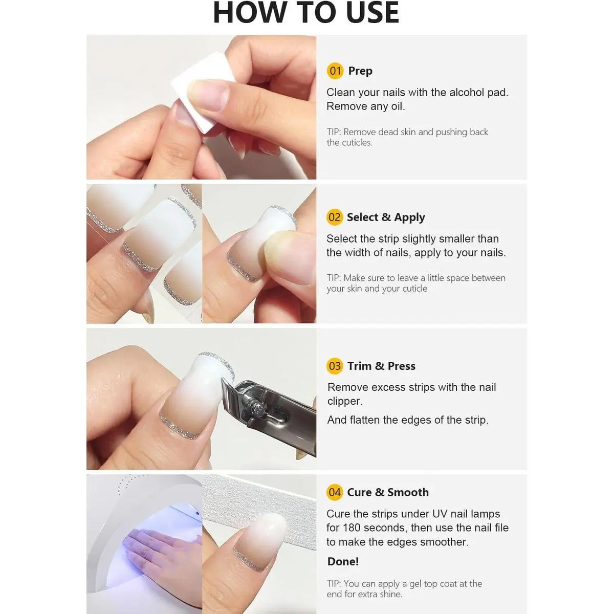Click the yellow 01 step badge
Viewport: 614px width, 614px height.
(x=335, y=71)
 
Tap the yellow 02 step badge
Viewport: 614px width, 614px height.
(x=335, y=217)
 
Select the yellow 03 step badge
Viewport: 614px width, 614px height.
(x=335, y=366)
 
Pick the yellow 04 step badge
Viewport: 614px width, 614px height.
(x=335, y=492)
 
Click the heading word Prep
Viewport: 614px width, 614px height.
(x=360, y=71)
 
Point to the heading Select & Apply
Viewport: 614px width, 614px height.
(x=386, y=217)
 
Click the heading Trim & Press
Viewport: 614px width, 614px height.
(x=381, y=366)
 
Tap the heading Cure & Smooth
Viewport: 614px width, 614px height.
(x=388, y=492)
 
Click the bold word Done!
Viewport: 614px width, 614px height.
(x=343, y=561)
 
